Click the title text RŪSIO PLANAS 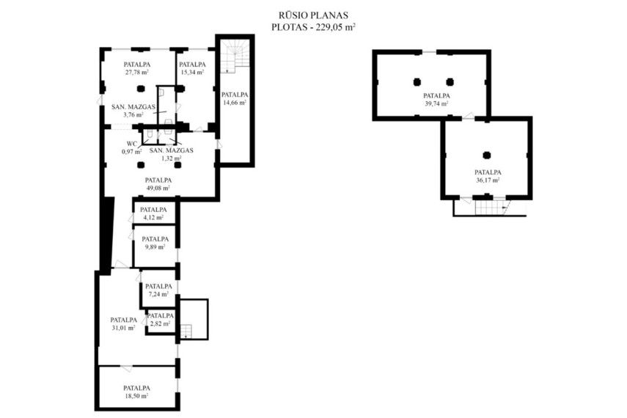tap(313, 15)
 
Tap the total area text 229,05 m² tap(336, 27)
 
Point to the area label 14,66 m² tap(235, 103)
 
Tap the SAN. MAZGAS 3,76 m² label tap(133, 111)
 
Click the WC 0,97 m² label tap(132, 147)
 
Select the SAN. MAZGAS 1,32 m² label tap(171, 154)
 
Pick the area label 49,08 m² tap(158, 188)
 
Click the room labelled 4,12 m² tap(154, 212)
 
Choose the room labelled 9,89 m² tap(155, 246)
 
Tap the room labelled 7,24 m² tap(158, 289)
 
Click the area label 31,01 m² tap(123, 328)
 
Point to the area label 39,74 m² tap(436, 103)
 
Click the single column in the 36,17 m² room tap(487, 155)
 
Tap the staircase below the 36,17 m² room tap(489, 208)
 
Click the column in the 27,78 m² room tap(140, 89)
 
